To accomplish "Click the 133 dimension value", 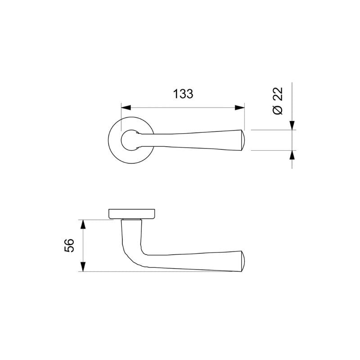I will point(183,94).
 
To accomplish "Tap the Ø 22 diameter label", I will point(278,101).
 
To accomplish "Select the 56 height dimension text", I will point(69,245).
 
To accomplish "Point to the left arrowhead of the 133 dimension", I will point(126,108).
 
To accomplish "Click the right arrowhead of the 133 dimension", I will point(240,108).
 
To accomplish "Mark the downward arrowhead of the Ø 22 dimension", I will point(292,125).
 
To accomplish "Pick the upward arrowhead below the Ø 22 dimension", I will point(292,155).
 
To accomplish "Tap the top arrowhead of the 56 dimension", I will point(82,224).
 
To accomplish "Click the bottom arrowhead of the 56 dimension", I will point(82,267).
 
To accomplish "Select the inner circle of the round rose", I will point(129,140).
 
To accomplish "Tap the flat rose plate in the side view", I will point(132,213).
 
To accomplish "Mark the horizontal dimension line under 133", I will point(183,108).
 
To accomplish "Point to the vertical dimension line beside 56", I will point(82,245).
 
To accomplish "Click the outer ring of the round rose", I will point(112,140).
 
